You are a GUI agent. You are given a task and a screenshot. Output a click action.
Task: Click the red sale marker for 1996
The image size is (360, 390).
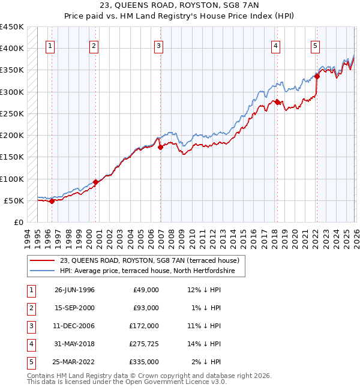pos(52,201)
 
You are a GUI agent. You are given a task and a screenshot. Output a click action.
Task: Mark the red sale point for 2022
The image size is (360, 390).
pos(317,77)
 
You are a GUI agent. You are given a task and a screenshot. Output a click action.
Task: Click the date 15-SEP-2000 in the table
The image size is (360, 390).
pos(74,308)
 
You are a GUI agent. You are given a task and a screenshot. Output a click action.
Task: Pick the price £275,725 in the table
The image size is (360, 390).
pos(143,344)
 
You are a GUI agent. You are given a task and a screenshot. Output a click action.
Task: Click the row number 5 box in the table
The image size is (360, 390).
pos(29,362)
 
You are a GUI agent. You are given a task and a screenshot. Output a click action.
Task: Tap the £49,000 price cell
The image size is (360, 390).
pos(146,290)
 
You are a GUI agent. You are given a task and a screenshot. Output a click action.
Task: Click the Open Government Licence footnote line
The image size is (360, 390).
pos(118,382)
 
